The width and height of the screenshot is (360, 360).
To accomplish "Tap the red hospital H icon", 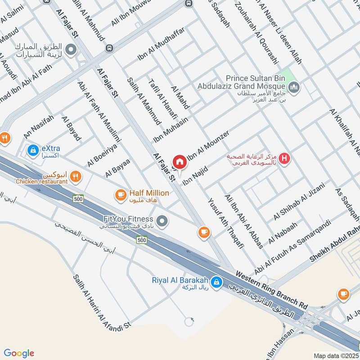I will click(284, 158).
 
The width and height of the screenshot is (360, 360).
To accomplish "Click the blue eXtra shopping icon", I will click(32, 150).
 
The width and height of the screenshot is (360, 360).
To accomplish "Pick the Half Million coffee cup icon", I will click(120, 194).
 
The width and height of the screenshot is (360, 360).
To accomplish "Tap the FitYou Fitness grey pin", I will click(163, 220).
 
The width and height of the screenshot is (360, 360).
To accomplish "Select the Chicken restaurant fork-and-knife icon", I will click(76, 177).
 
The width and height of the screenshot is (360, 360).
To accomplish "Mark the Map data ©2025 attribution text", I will click(335, 355).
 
